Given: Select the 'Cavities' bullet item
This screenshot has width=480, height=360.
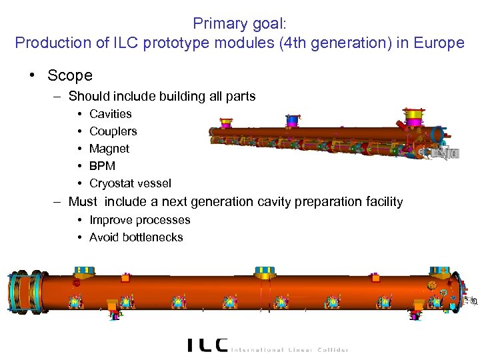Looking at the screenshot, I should tap(111, 114).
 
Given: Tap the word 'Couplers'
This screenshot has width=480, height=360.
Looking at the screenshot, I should tap(113, 131).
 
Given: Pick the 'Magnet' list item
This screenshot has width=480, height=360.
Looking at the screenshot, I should tap(109, 149).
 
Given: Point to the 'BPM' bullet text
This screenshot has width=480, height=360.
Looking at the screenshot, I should tap(102, 166).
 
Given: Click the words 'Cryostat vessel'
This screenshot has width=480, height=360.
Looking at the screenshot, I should tap(130, 183).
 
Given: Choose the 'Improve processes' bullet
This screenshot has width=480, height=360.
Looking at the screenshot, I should tap(140, 220).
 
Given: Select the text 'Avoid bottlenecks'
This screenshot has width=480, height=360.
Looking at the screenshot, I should tap(136, 237).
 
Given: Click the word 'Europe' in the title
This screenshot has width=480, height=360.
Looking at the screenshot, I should tap(439, 43).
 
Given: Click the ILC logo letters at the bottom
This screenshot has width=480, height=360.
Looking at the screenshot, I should tap(207, 344).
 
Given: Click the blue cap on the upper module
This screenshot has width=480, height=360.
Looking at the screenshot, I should tap(293, 120).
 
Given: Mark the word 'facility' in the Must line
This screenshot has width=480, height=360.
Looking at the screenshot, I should tap(381, 201).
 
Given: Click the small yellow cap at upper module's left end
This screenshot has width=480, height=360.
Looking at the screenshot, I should tap(226, 123).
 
